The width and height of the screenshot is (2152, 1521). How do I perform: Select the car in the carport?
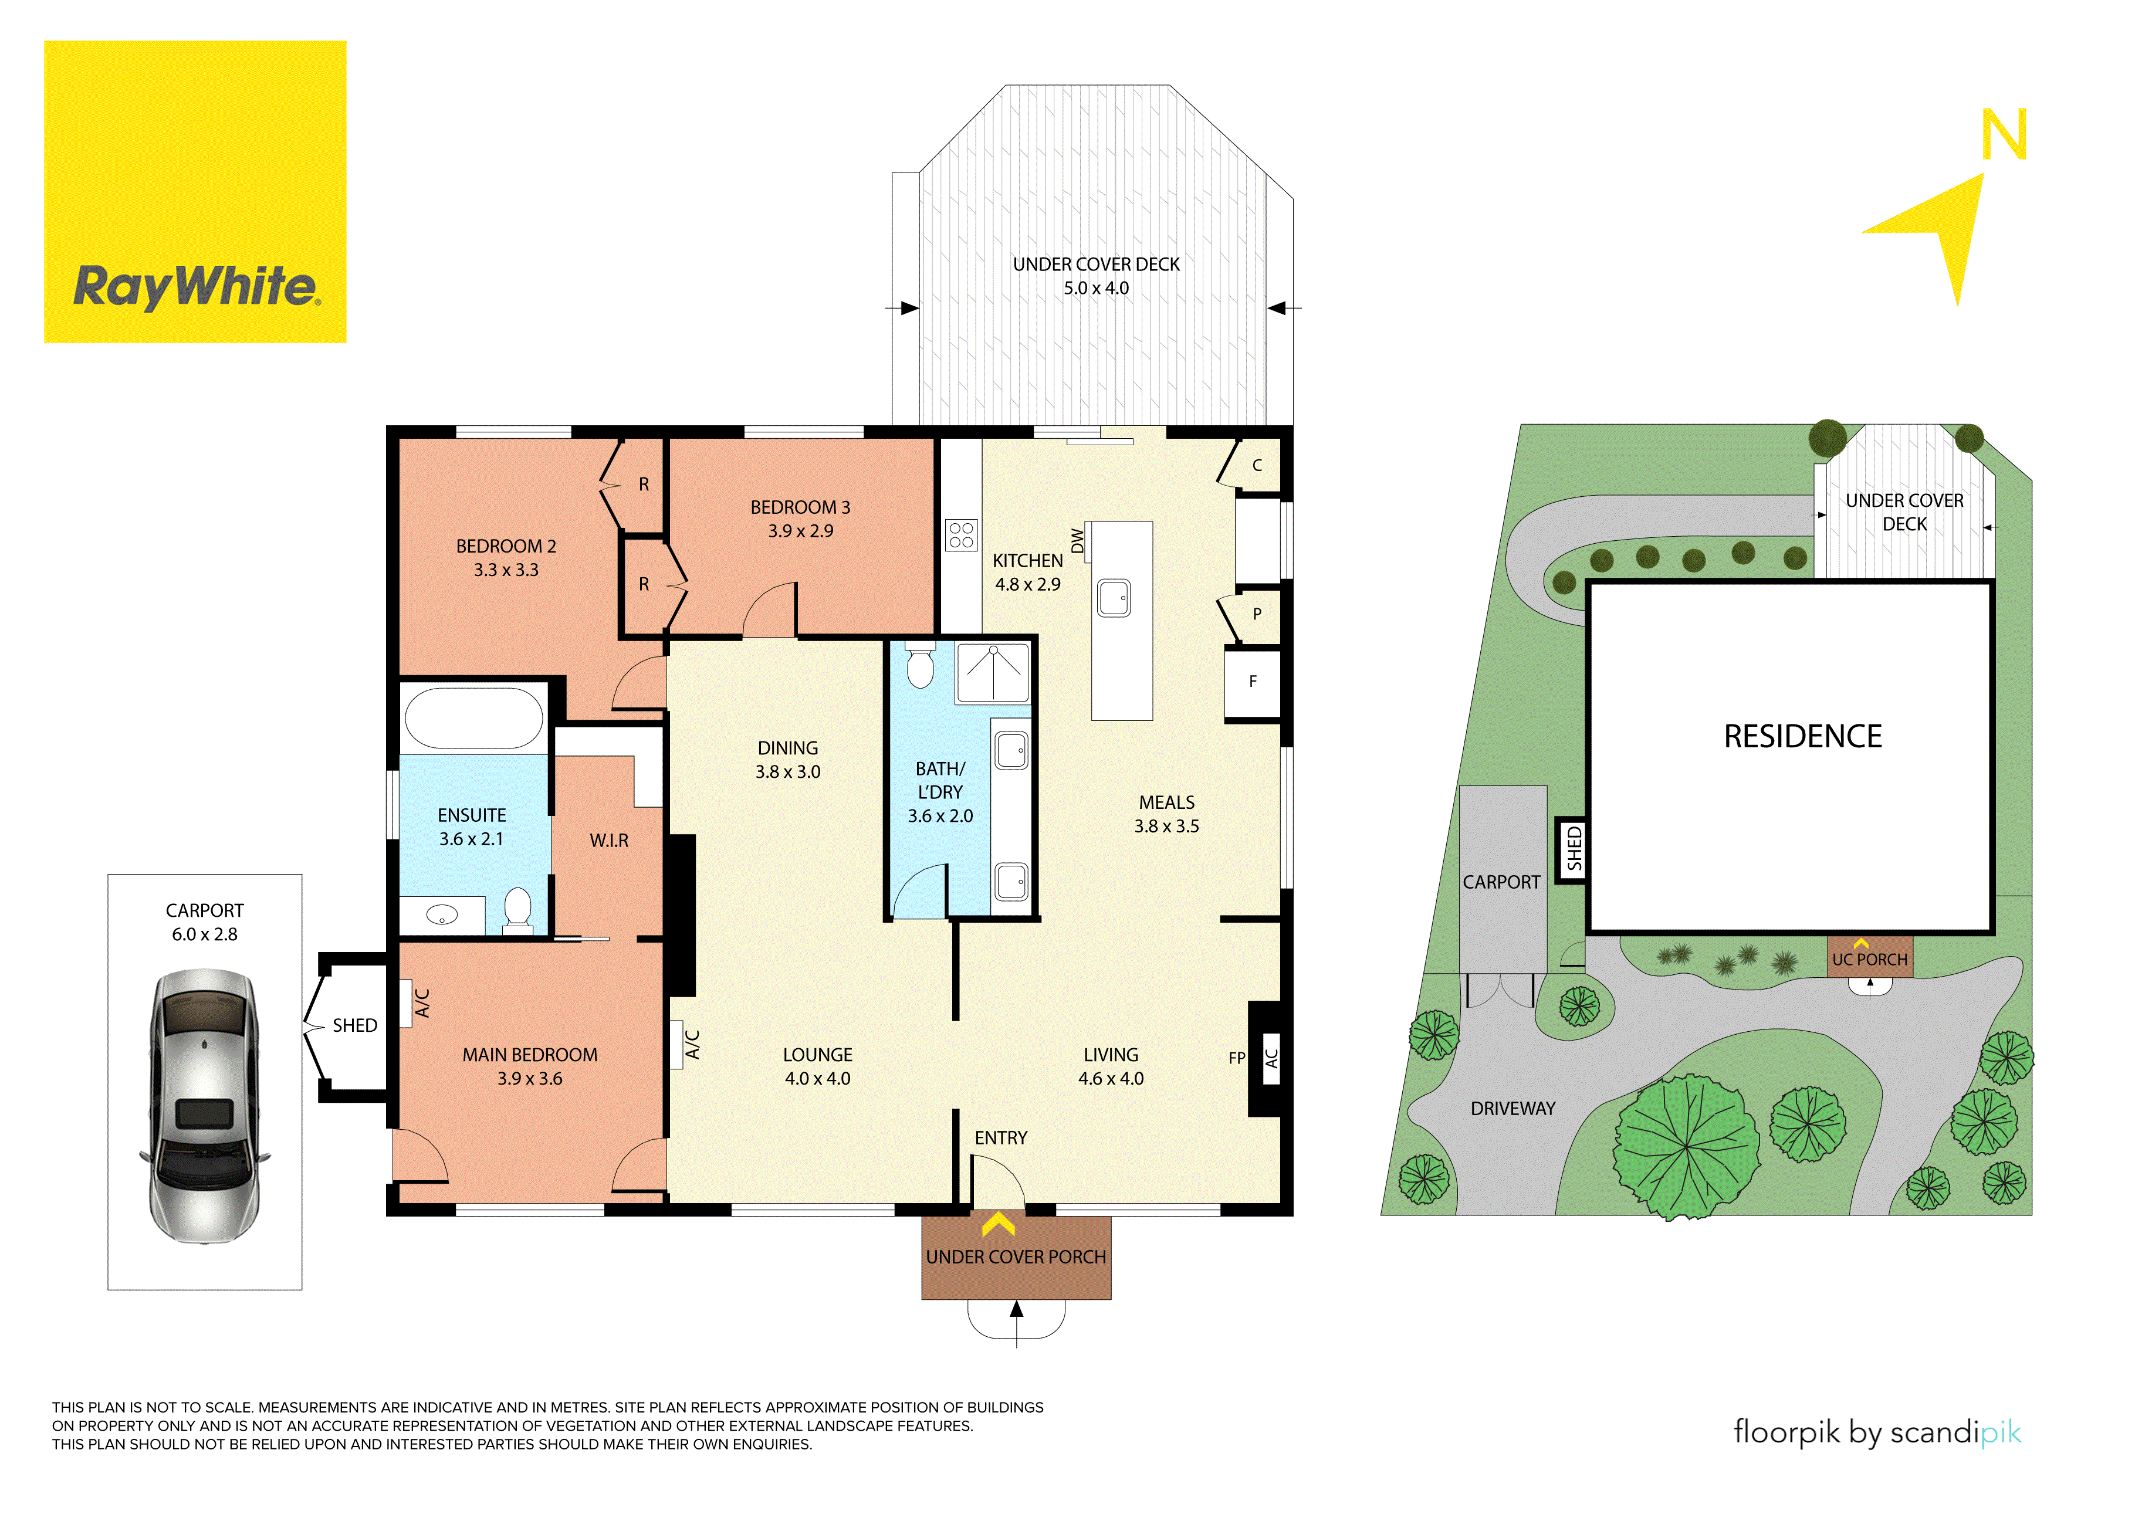click(x=204, y=1106)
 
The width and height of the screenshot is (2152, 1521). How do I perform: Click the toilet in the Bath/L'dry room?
click(x=921, y=665)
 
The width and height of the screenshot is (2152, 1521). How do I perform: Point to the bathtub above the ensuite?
click(x=473, y=718)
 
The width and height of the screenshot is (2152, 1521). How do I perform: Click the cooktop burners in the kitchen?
click(x=962, y=535)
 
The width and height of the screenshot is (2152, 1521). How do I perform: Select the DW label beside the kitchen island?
click(x=1077, y=541)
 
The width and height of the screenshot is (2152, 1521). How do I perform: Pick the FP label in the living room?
click(x=1236, y=1058)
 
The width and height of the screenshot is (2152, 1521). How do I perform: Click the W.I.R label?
click(x=609, y=841)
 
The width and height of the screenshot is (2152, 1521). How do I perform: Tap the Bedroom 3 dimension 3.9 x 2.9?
click(x=800, y=531)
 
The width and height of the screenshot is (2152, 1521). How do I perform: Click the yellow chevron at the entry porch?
click(x=998, y=1224)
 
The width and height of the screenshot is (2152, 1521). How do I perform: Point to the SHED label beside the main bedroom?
click(x=354, y=1026)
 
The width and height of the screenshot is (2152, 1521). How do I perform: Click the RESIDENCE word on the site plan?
click(x=1802, y=737)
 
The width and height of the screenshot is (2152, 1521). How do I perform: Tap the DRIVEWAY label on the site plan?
click(x=1512, y=1109)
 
